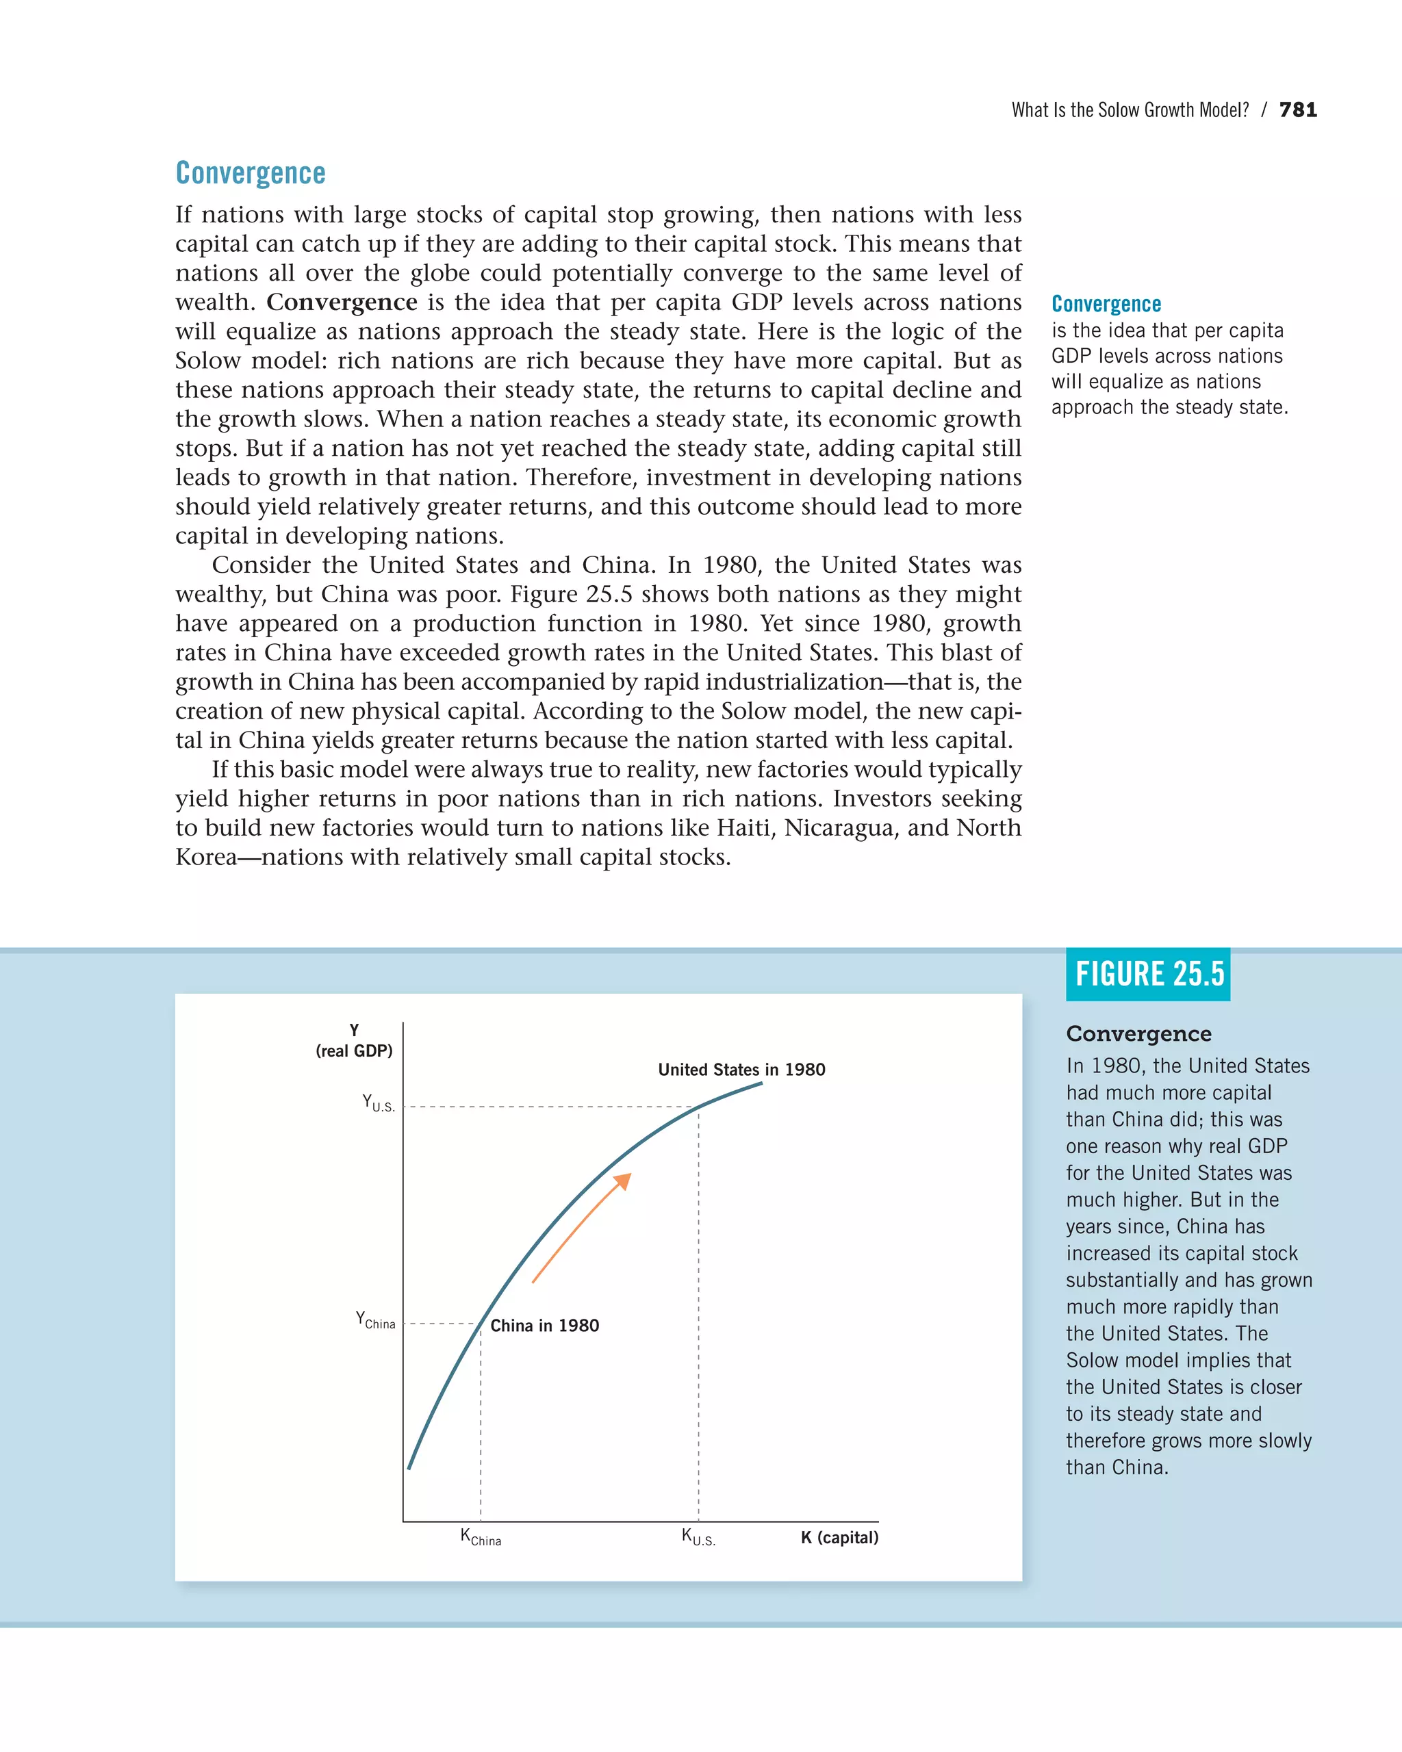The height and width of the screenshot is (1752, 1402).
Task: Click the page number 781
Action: (x=1298, y=109)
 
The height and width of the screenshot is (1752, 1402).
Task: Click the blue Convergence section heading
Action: (x=251, y=173)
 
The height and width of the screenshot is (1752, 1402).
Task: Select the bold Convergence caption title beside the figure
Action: (x=1138, y=1033)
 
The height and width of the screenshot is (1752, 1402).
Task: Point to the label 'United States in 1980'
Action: (x=741, y=1070)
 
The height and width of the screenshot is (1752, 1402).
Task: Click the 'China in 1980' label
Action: (x=544, y=1326)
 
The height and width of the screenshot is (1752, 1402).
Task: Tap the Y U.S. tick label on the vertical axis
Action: (x=378, y=1103)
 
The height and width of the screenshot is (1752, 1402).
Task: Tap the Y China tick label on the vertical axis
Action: (x=376, y=1320)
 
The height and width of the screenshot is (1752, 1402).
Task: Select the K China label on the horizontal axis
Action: (x=481, y=1538)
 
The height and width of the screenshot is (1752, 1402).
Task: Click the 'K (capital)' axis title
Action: (x=839, y=1538)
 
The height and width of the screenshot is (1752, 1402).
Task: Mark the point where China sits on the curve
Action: (x=481, y=1324)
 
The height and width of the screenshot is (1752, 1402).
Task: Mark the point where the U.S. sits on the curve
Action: (x=698, y=1107)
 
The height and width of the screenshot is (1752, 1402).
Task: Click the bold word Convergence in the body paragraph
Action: (x=342, y=302)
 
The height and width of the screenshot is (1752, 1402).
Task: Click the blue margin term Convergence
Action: (x=1106, y=304)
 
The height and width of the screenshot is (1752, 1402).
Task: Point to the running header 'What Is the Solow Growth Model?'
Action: (x=1130, y=109)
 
